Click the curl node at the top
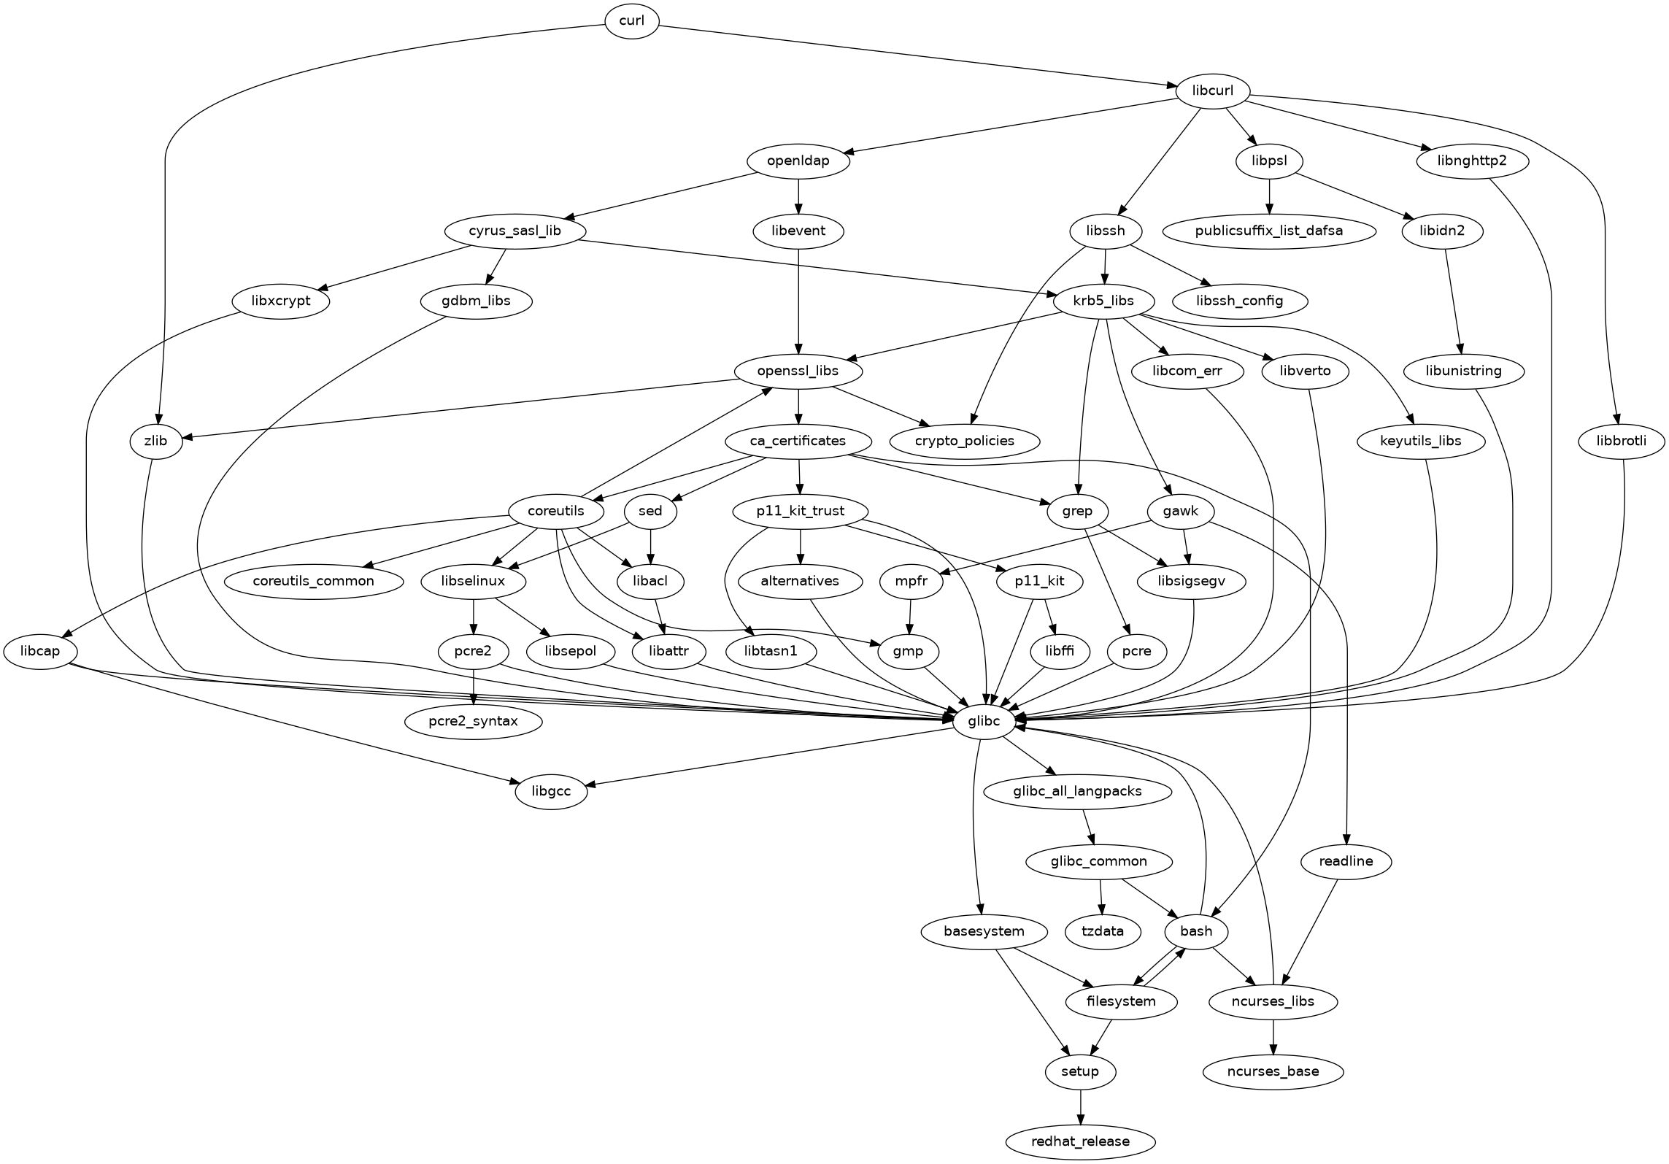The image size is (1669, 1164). point(631,20)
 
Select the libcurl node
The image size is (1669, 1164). point(1212,91)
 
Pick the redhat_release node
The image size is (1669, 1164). point(1081,1141)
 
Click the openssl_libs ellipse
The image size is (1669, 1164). point(798,371)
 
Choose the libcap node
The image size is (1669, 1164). point(40,651)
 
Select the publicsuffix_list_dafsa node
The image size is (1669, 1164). point(1268,231)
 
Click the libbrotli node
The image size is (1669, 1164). point(1622,441)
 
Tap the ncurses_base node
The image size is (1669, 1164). point(1273,1071)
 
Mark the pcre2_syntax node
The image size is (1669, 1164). point(474,721)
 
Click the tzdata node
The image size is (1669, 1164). point(1103,931)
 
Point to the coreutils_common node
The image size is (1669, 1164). point(314,581)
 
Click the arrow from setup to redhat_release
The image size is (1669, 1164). point(1080,1106)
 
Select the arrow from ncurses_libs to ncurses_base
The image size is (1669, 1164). point(1273,1036)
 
